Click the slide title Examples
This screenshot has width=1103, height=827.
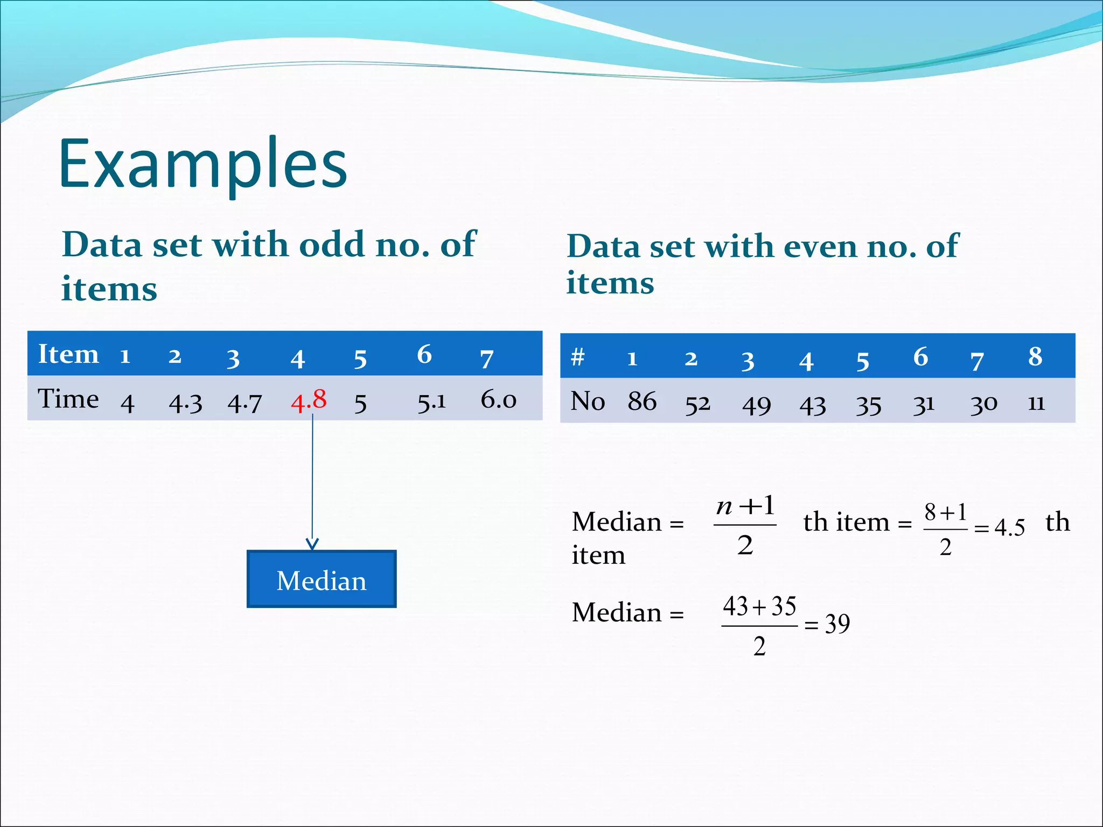pyautogui.click(x=203, y=164)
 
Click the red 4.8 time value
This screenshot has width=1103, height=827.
pyautogui.click(x=309, y=401)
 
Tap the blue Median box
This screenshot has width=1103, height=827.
pyautogui.click(x=322, y=579)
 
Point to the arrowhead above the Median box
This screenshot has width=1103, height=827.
pyautogui.click(x=312, y=543)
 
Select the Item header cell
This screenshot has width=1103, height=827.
pyautogui.click(x=68, y=354)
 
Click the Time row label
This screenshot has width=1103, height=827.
pyautogui.click(x=68, y=399)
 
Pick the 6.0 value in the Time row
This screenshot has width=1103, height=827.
pyautogui.click(x=498, y=400)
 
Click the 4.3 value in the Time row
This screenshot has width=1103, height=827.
pyautogui.click(x=185, y=403)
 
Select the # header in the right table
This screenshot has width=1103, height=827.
pyautogui.click(x=577, y=356)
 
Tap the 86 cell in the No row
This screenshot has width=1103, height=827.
pyautogui.click(x=642, y=402)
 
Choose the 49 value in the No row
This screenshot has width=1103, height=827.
pyautogui.click(x=756, y=405)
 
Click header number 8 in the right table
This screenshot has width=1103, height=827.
pyautogui.click(x=1035, y=356)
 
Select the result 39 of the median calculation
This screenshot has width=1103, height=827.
pyautogui.click(x=837, y=623)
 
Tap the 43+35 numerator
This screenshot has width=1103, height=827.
pyautogui.click(x=759, y=606)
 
